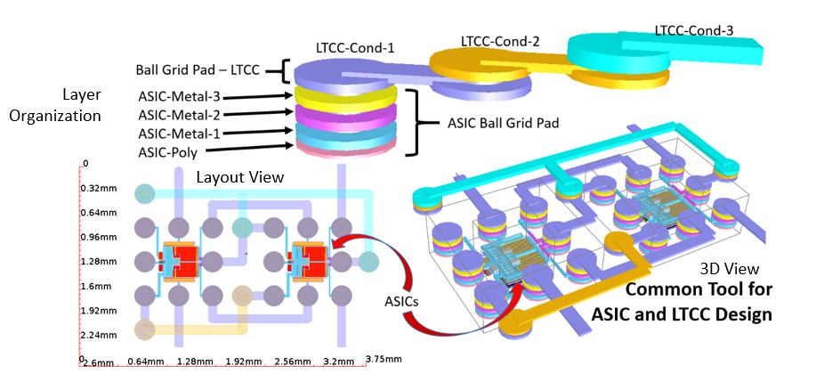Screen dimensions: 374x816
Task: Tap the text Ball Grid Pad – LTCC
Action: pyautogui.click(x=200, y=69)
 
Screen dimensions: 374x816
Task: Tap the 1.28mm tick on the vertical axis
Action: pyautogui.click(x=98, y=263)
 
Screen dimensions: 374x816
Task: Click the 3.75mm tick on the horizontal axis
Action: pyautogui.click(x=384, y=360)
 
